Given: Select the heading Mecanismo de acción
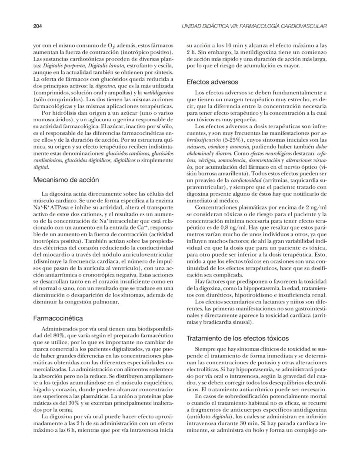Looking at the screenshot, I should click(66, 179).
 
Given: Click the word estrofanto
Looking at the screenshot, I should click(117, 65).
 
